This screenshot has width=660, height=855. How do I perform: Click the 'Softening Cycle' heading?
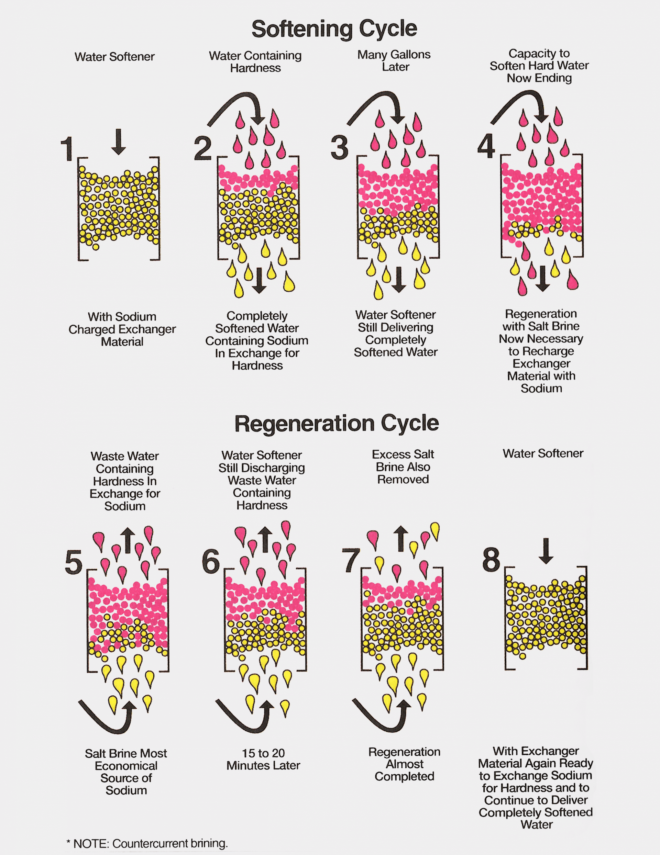(x=334, y=29)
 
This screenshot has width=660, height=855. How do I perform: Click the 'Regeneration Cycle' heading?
(x=337, y=424)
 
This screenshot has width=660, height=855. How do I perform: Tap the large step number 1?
(x=67, y=149)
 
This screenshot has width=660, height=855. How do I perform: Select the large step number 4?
(x=486, y=147)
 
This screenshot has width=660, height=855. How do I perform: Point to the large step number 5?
(x=74, y=563)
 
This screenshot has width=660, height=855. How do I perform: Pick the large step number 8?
(x=491, y=560)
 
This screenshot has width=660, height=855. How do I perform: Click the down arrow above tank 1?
(x=118, y=142)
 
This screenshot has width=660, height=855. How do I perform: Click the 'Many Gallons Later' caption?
(x=394, y=61)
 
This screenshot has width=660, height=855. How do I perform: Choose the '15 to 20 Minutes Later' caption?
(x=263, y=760)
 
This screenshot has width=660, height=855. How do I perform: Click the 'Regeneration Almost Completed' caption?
(x=404, y=764)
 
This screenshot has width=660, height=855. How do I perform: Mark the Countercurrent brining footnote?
(x=147, y=843)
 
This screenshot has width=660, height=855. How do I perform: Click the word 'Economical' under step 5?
(x=126, y=766)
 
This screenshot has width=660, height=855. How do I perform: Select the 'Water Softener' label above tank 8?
(x=543, y=453)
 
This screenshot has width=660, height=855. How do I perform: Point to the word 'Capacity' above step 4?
(x=539, y=53)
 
